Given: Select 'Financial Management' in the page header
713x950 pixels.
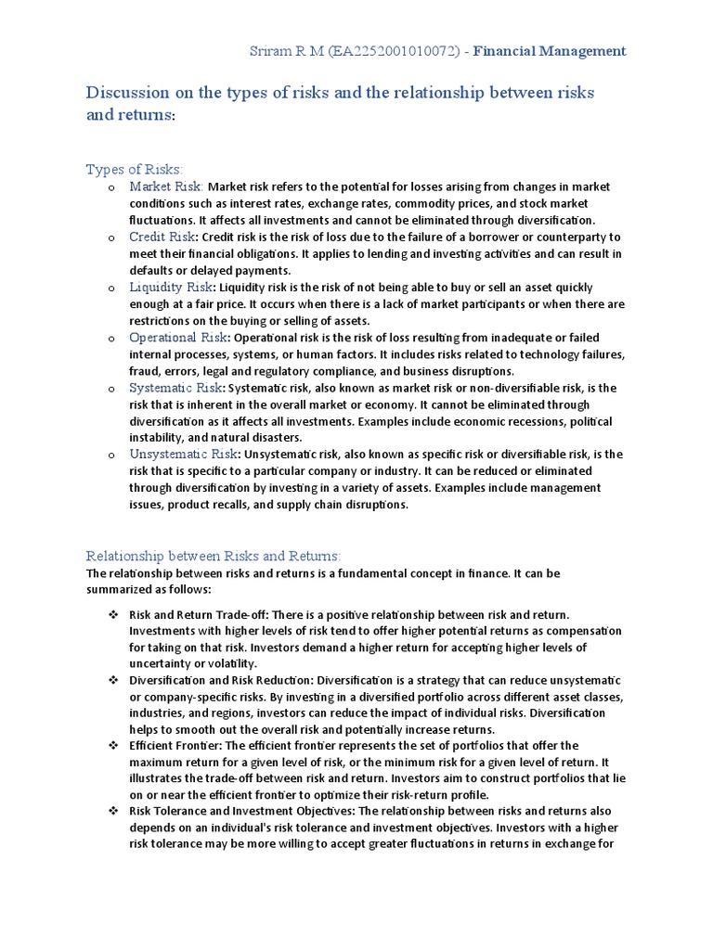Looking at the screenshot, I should [550, 52].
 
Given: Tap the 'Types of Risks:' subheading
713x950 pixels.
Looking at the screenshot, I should [135, 169].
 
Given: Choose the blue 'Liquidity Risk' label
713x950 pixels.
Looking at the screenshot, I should [172, 287].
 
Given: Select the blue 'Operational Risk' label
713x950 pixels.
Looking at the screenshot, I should [178, 337].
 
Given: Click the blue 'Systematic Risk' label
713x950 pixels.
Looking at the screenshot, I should [175, 387].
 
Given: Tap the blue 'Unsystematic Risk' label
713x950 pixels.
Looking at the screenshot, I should [184, 454].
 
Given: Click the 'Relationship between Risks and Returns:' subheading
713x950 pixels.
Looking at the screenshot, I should [214, 555].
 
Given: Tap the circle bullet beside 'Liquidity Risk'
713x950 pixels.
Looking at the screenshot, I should [110, 288].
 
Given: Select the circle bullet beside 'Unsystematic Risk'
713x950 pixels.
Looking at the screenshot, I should [110, 455].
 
